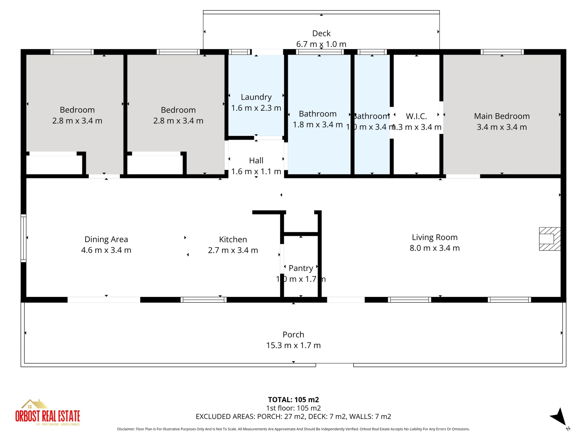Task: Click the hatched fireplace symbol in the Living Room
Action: (549, 239)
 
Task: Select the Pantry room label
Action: (301, 268)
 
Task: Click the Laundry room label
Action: (256, 97)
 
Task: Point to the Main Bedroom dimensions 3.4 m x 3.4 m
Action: (502, 127)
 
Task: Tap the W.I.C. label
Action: (416, 116)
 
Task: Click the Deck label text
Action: (321, 33)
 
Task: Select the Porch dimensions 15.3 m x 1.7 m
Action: (293, 345)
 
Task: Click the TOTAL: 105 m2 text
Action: (293, 400)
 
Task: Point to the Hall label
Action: (256, 160)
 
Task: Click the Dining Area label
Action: (106, 239)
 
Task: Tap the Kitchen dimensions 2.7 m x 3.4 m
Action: (233, 250)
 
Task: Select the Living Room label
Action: (435, 237)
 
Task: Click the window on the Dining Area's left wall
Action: (24, 238)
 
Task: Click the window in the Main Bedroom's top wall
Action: (502, 52)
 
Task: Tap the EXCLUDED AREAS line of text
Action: (293, 416)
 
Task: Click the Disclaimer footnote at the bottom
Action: (293, 429)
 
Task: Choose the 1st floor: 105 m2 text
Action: (293, 408)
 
